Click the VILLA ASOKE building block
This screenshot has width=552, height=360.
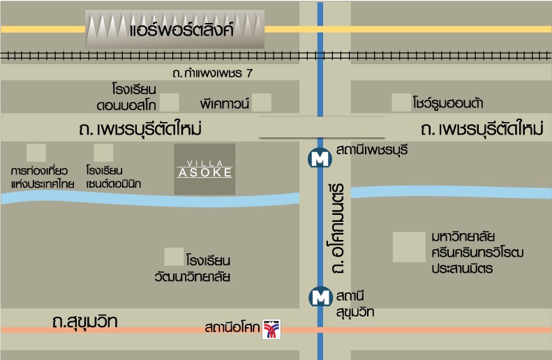point(204,170)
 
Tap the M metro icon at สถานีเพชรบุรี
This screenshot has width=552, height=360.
point(320,158)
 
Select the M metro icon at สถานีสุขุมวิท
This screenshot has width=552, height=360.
point(320,297)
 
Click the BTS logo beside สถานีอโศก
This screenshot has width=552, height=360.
point(270,329)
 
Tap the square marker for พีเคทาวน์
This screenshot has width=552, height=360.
point(261,103)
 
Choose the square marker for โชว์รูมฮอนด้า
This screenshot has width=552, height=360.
point(401,103)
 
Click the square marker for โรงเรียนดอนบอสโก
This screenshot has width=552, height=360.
point(170,103)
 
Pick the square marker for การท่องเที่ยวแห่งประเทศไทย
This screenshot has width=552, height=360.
point(36,153)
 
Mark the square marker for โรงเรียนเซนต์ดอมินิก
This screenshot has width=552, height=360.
point(103,153)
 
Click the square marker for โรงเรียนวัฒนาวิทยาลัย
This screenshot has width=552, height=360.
point(173,257)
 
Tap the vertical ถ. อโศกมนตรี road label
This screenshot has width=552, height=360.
point(339,229)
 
